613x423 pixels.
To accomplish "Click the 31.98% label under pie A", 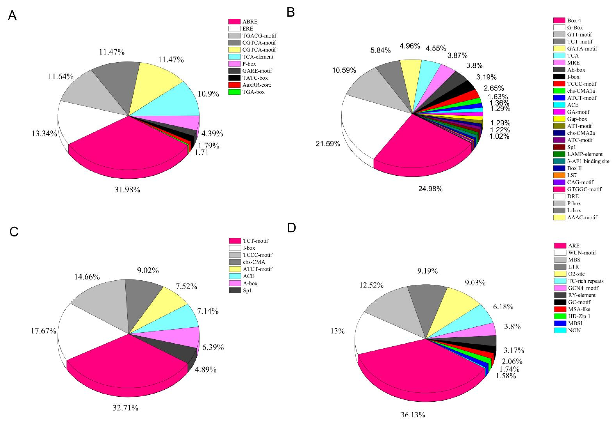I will [127, 190].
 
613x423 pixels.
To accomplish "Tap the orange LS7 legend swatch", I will [559, 175].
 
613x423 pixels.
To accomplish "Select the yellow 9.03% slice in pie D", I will [451, 310].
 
